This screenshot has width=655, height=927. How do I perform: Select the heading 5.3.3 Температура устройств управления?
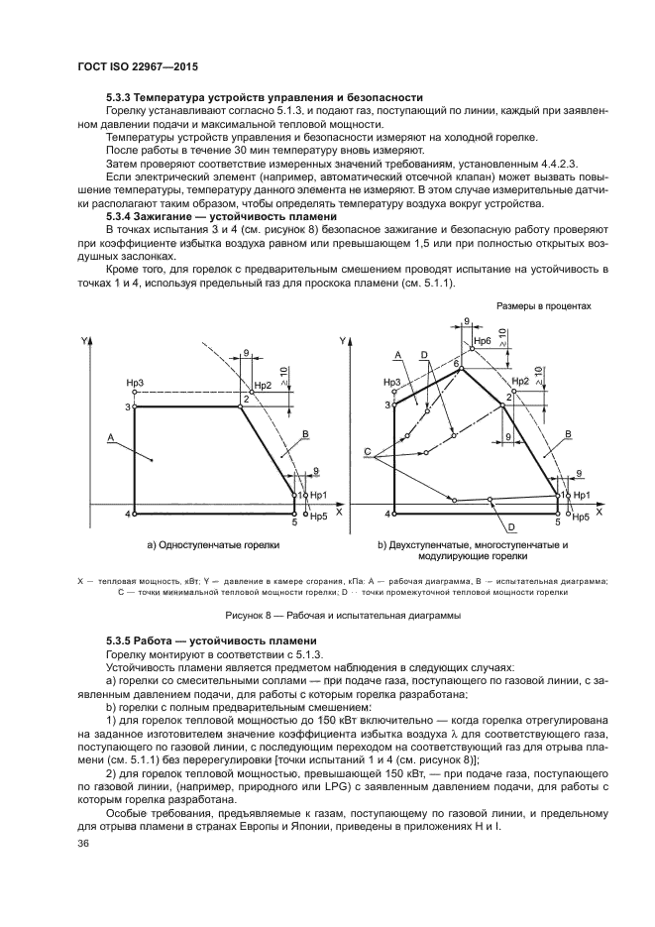(265, 97)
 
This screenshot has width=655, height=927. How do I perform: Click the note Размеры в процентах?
(543, 306)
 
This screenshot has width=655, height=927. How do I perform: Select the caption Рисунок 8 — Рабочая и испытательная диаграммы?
(327, 614)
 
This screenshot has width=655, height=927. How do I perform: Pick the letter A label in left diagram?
(110, 436)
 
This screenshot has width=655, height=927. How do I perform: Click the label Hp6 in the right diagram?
(482, 343)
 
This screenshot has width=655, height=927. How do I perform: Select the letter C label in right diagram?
(367, 452)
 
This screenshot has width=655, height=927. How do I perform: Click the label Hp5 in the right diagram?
(581, 518)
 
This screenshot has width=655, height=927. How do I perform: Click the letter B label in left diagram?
(305, 434)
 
